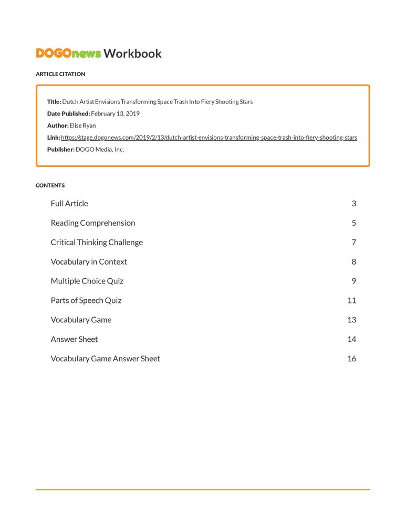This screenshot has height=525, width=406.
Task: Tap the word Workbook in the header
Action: tap(132, 54)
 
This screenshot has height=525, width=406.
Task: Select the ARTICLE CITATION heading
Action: tap(60, 74)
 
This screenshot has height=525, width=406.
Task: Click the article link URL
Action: tap(209, 138)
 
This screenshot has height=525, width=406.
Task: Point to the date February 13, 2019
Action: tap(115, 113)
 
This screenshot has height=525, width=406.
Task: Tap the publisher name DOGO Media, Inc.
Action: tap(100, 150)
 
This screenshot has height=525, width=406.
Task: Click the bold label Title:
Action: tap(54, 102)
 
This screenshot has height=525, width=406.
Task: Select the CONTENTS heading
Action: tap(50, 185)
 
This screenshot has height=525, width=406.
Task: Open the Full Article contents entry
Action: tap(69, 204)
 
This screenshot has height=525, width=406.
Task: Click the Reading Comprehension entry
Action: tap(93, 223)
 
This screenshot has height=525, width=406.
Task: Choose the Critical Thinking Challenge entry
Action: tap(97, 243)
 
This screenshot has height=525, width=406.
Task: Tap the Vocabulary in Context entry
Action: tap(89, 262)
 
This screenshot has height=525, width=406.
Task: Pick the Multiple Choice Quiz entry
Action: tap(87, 281)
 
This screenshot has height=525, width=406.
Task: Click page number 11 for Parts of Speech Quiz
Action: tap(351, 301)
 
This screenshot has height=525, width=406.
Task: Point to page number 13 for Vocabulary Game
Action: tap(351, 320)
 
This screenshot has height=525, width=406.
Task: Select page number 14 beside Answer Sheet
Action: tap(351, 340)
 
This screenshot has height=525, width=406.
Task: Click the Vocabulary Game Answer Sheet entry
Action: tap(106, 359)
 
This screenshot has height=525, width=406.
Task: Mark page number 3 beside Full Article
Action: tap(354, 204)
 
